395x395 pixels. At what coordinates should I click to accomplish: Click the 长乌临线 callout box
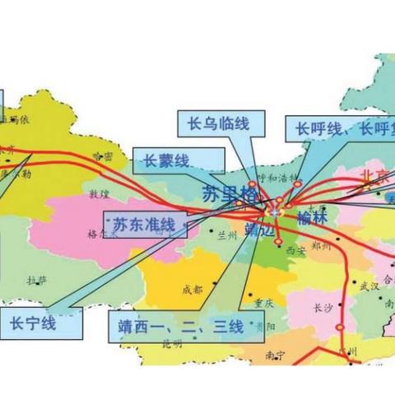pos(213,125)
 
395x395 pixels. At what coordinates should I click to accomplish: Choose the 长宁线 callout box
pos(34,323)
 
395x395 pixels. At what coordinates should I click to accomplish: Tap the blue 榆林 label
pos(312,219)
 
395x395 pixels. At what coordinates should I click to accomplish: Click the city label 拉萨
pos(37,280)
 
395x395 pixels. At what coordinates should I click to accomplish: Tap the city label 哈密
pos(102,156)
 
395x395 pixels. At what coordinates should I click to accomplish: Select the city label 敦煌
pos(99,196)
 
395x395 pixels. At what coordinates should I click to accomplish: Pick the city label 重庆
pos(263,301)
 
